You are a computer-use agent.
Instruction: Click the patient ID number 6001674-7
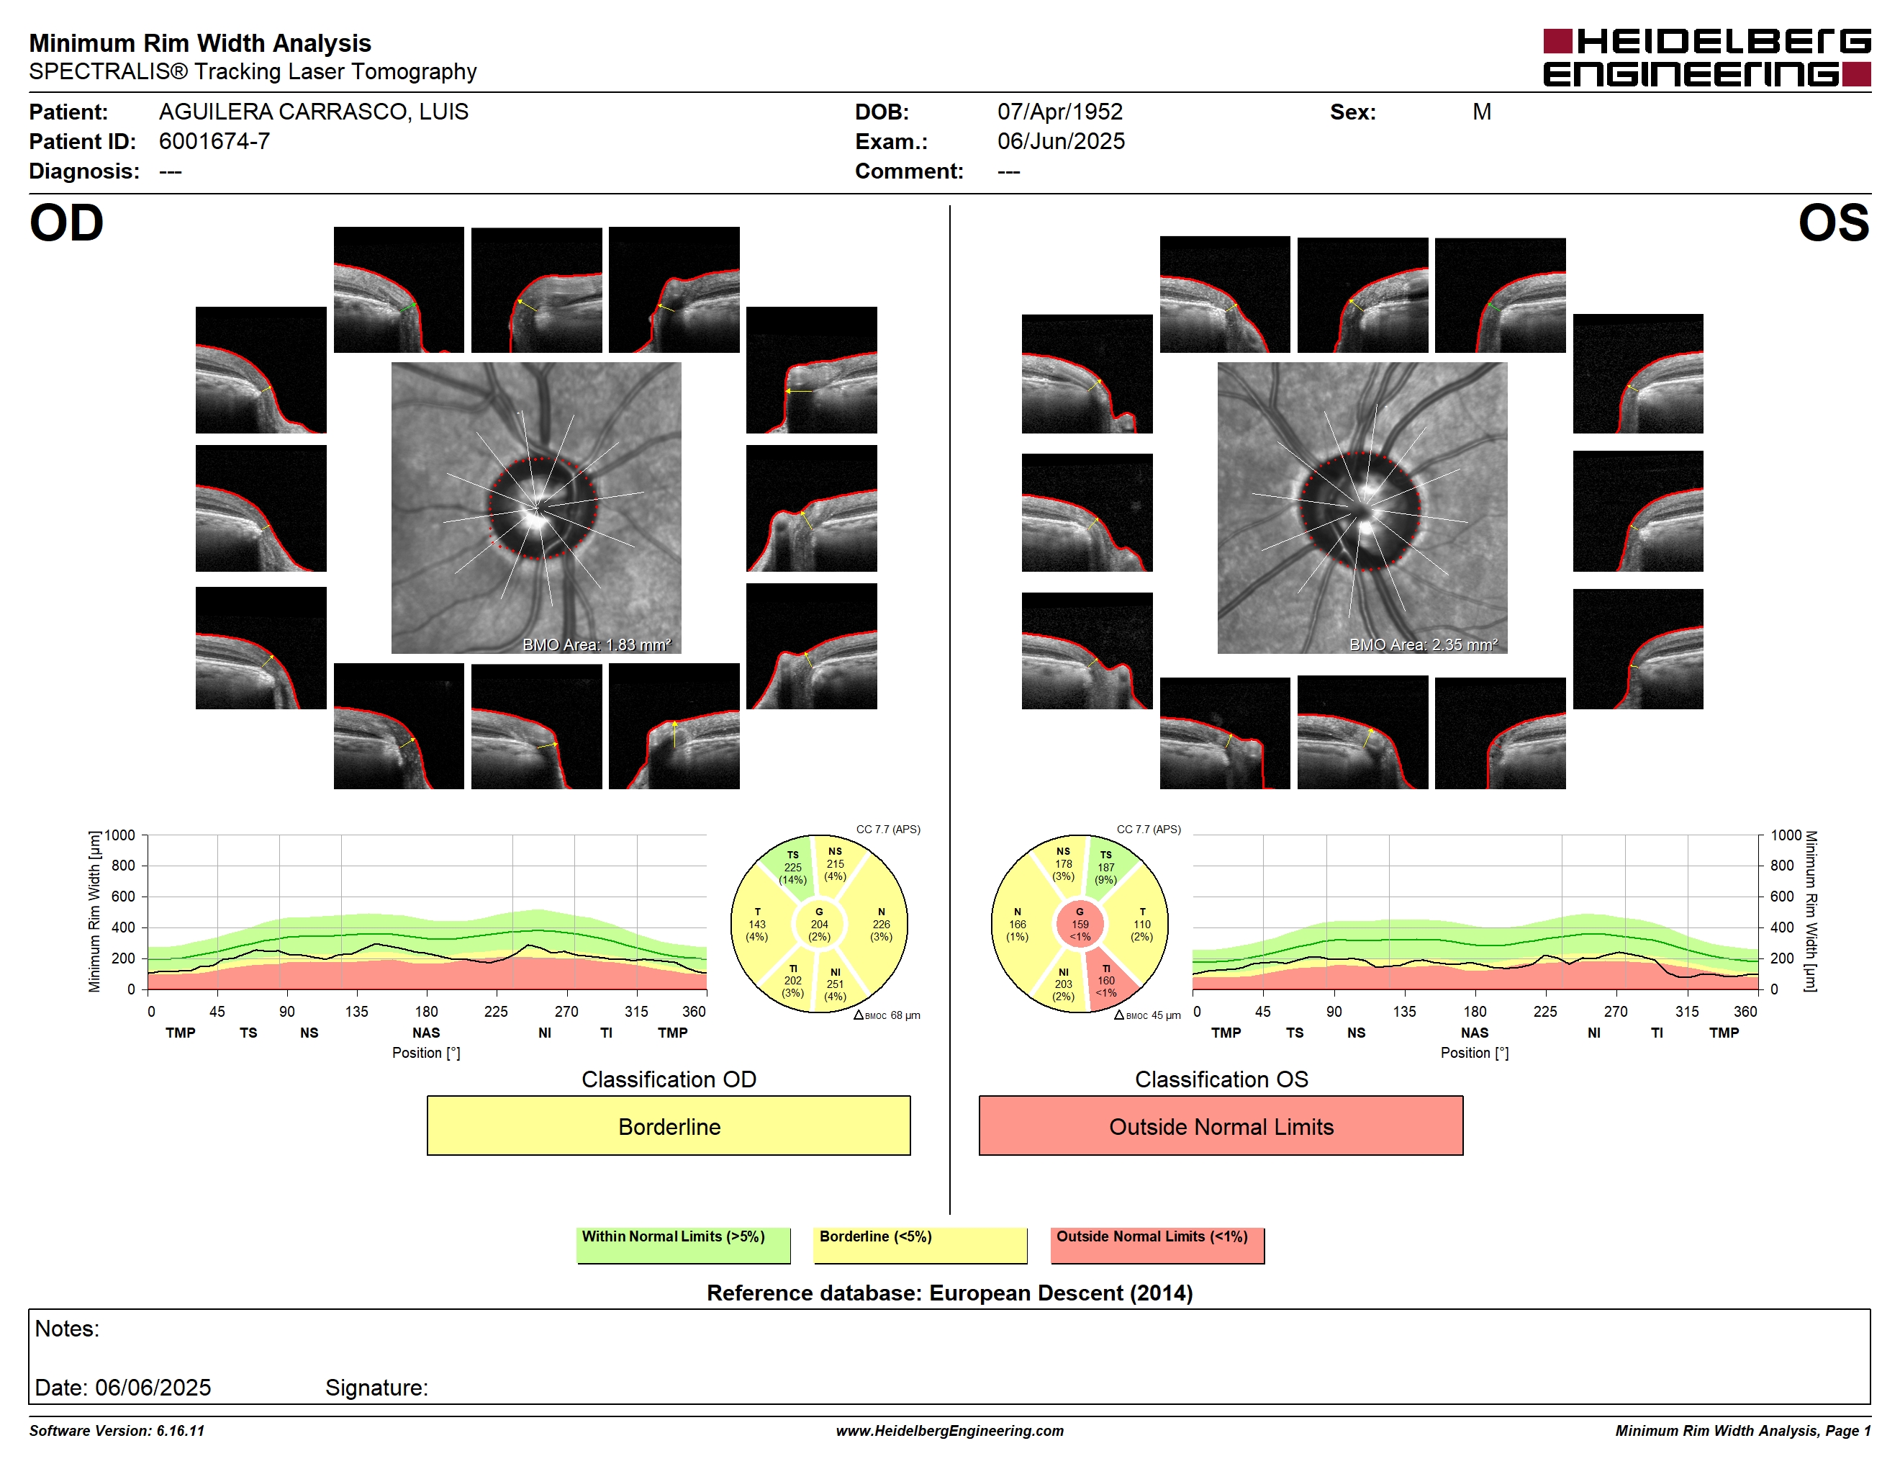214,141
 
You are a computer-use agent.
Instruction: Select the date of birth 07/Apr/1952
1059,112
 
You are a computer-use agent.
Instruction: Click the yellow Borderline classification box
668,1126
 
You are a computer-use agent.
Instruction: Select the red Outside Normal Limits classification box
1221,1126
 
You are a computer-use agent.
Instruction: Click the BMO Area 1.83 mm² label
597,645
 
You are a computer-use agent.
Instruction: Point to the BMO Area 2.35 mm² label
1424,645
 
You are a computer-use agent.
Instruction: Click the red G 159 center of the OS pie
1080,924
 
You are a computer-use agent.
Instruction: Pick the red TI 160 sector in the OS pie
1109,981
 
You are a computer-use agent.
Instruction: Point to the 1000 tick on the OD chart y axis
120,835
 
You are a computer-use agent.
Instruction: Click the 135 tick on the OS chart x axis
1404,1011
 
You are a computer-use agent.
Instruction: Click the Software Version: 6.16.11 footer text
117,1431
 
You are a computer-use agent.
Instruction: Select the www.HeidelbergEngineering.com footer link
950,1431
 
